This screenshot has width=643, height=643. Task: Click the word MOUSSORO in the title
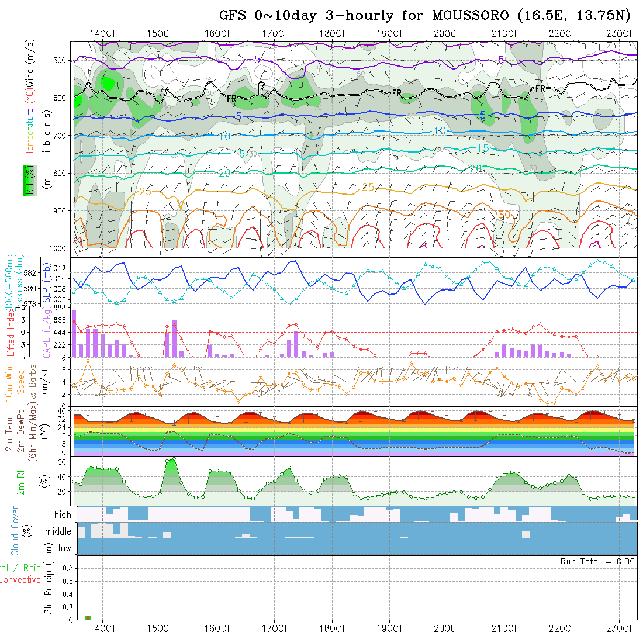(x=466, y=15)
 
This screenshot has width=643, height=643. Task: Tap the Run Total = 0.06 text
(x=597, y=561)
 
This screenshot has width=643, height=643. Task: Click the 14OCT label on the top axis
(x=102, y=33)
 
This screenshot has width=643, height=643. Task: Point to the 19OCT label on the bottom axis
(x=390, y=628)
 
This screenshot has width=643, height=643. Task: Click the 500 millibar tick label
(x=61, y=60)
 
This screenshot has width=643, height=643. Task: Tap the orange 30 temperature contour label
(x=504, y=215)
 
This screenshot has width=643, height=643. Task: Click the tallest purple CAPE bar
(x=74, y=333)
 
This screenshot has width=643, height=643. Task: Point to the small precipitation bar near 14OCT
(x=88, y=617)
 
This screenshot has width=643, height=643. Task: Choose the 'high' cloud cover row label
(x=63, y=515)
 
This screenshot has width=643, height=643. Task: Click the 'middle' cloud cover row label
(x=58, y=532)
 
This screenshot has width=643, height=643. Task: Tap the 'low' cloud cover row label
(x=64, y=548)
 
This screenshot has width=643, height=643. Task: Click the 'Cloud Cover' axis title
(x=15, y=531)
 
